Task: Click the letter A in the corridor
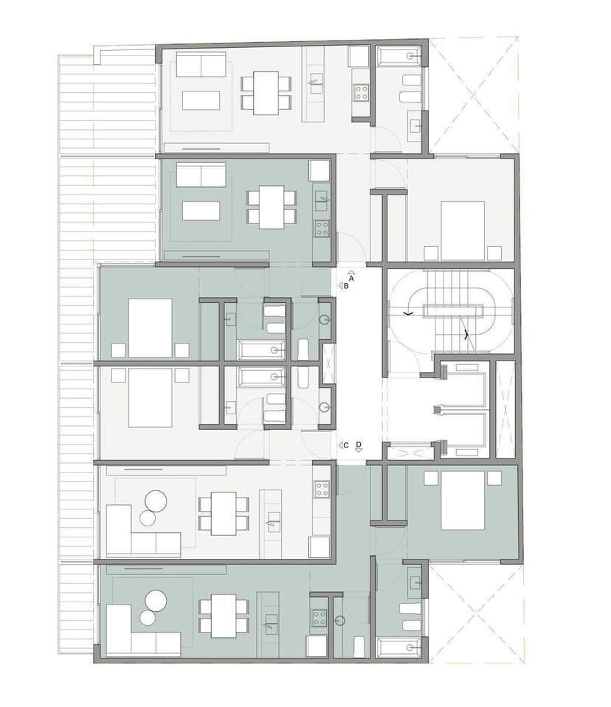351,279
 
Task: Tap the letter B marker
346,286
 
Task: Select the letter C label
346,445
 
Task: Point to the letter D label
359,444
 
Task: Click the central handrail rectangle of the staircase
452,310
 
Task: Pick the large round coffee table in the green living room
156,601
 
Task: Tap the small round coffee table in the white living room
148,518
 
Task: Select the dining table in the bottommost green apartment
224,616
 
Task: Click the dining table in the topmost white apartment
266,93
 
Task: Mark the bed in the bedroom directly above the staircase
463,231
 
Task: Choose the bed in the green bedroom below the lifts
463,501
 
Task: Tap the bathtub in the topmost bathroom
399,56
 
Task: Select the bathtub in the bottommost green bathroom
399,647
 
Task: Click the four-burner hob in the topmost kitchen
361,92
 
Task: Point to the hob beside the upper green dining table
322,228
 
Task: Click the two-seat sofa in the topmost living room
201,64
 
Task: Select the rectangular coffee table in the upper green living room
201,211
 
